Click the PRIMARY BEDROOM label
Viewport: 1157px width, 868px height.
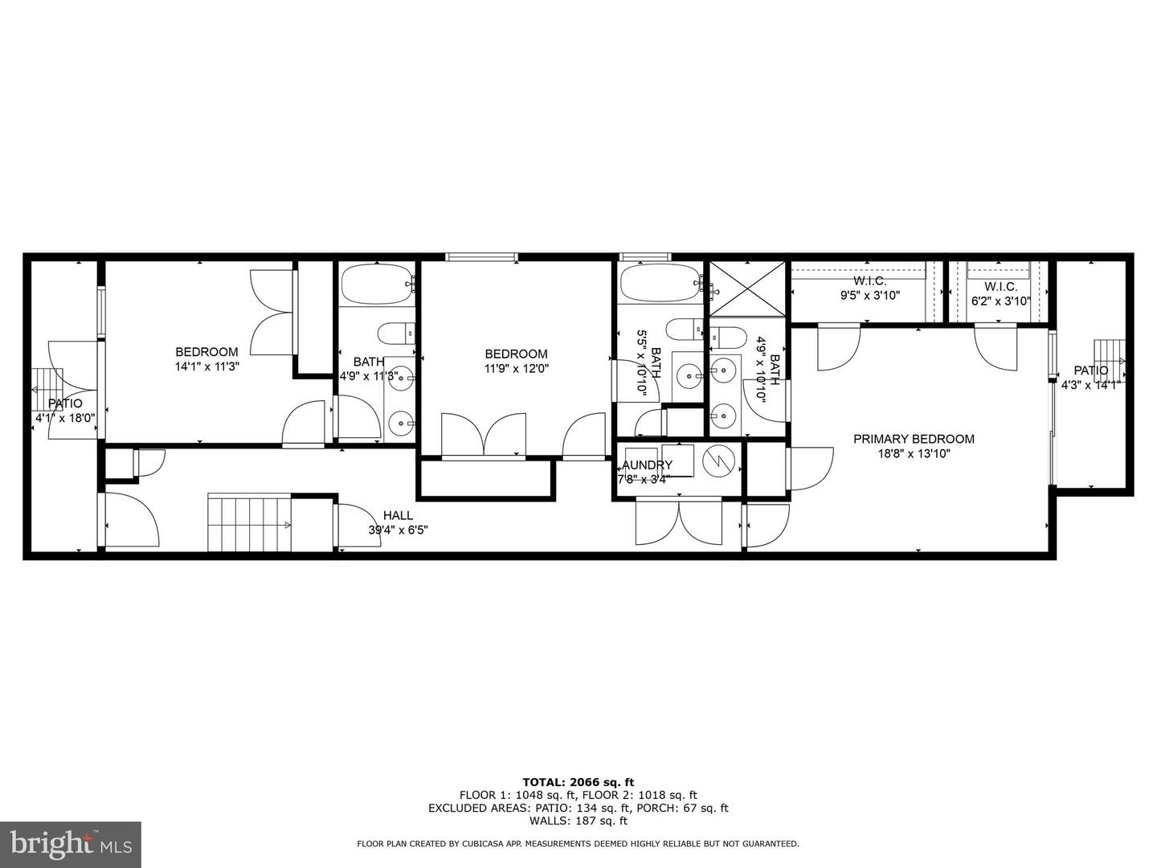point(914,439)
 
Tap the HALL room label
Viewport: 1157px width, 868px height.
point(398,515)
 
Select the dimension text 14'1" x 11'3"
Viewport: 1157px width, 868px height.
point(207,366)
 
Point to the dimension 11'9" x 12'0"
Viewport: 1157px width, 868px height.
point(516,369)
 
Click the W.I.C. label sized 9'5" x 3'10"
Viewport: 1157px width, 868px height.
point(869,295)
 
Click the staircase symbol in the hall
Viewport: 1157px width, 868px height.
point(249,524)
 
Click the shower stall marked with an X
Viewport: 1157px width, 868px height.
point(745,289)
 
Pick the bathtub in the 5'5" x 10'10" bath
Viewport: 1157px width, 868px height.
point(660,284)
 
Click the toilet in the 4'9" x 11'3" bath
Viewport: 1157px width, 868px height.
point(395,333)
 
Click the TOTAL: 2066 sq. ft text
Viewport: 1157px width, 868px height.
point(578,781)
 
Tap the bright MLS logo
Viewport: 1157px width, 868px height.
point(71,844)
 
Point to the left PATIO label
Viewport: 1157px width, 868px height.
point(65,403)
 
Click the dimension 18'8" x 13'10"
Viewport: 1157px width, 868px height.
point(914,453)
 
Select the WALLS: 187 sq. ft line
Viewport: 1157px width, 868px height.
point(578,821)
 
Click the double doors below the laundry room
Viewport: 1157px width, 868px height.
point(679,522)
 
